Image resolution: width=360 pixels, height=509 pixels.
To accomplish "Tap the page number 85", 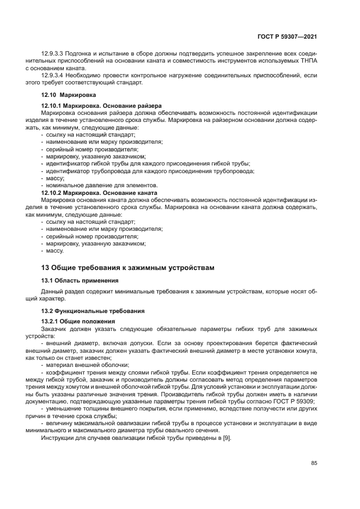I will coord(314,463).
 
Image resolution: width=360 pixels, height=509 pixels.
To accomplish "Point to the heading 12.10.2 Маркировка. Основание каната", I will coord(99,193).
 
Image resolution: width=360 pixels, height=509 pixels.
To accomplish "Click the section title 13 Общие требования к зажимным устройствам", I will coord(128,267).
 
